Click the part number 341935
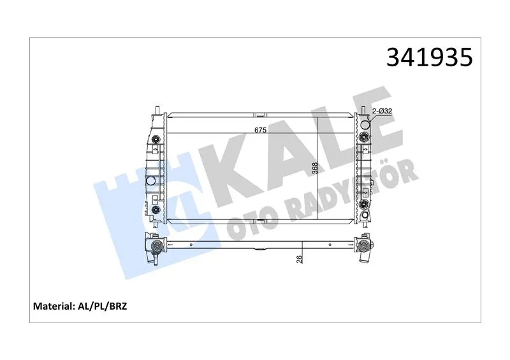(429, 57)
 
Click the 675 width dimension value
(260, 130)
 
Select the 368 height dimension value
(314, 168)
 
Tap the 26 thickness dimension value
(300, 259)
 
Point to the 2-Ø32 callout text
(382, 111)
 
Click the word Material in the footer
(52, 306)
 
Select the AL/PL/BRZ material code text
(102, 306)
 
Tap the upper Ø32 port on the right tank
(365, 124)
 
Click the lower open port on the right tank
(365, 215)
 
